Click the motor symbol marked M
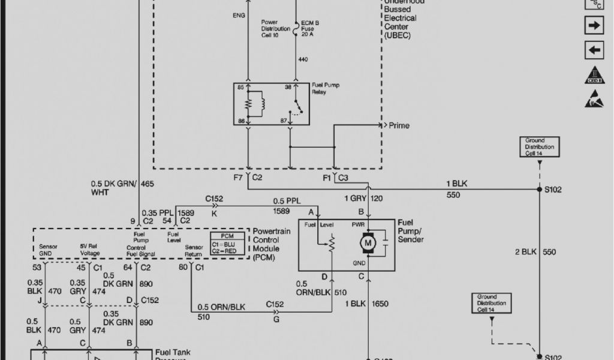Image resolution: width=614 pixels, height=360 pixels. pyautogui.click(x=366, y=243)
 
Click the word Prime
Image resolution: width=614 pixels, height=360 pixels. pyautogui.click(x=399, y=126)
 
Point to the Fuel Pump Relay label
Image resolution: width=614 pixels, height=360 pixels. pyautogui.click(x=326, y=89)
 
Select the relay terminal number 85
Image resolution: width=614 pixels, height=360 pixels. pyautogui.click(x=240, y=88)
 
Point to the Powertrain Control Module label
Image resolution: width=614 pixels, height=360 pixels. pyautogui.click(x=273, y=244)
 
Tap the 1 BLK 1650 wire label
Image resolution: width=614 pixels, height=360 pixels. pyautogui.click(x=366, y=304)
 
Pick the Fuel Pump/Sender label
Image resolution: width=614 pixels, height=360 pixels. pyautogui.click(x=411, y=231)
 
